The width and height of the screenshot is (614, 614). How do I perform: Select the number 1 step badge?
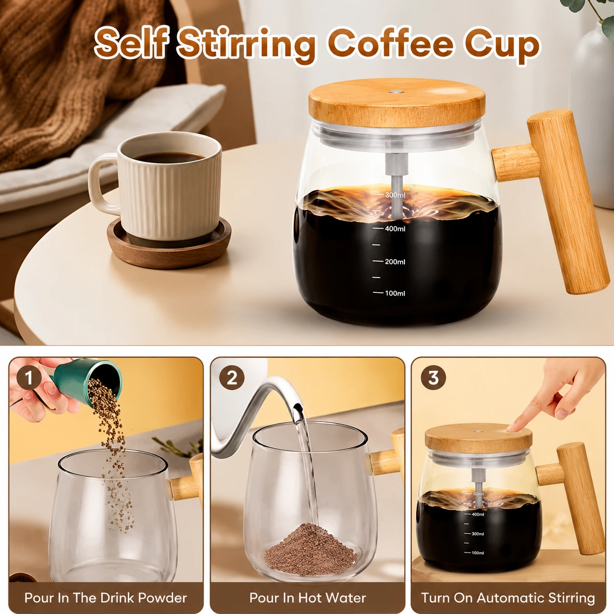pyautogui.click(x=29, y=378)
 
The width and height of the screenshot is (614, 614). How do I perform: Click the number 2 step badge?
pyautogui.click(x=232, y=378)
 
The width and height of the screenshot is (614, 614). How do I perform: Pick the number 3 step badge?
pyautogui.click(x=433, y=378)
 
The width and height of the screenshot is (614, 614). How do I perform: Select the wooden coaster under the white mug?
pyautogui.click(x=169, y=242)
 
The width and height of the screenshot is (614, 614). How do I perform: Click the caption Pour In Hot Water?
pyautogui.click(x=307, y=598)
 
